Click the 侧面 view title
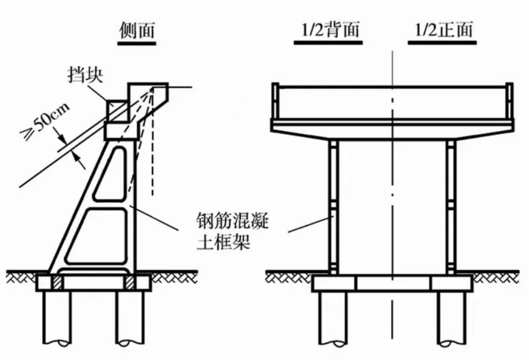137,31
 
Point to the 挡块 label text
85,75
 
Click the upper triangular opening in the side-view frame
111,174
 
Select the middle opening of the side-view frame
97,236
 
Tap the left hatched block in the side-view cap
57,283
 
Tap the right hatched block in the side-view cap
130,283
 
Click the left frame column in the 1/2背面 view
333,207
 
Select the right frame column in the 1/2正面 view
451,207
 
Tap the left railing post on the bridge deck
275,100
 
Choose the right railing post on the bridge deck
509,100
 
